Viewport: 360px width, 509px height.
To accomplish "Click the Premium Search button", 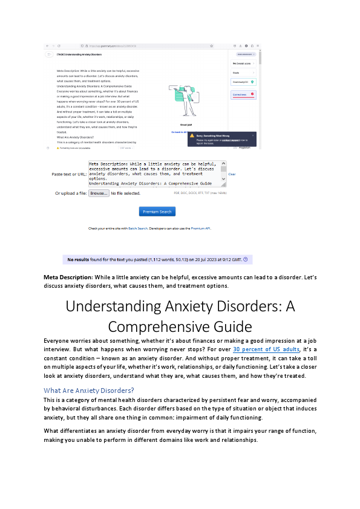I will pyautogui.click(x=157, y=212).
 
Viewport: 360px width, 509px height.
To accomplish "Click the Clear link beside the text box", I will pyautogui.click(x=232, y=174).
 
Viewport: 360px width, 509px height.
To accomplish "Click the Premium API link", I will pyautogui.click(x=200, y=229).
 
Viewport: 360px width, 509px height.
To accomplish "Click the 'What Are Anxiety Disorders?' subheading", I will pyautogui.click(x=89, y=389).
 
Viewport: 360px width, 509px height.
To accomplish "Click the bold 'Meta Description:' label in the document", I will pyautogui.click(x=68, y=277).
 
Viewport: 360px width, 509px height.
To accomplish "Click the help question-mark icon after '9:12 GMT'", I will pyautogui.click(x=245, y=259).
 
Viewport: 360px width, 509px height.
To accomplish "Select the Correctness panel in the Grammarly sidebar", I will pyautogui.click(x=243, y=95).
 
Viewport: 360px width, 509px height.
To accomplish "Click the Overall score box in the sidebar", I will pyautogui.click(x=243, y=63).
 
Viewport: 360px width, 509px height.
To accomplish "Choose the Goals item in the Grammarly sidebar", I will pyautogui.click(x=243, y=73).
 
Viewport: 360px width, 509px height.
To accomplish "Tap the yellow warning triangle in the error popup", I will pyautogui.click(x=192, y=136).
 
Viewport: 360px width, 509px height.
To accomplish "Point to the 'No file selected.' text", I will pyautogui.click(x=125, y=193).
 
